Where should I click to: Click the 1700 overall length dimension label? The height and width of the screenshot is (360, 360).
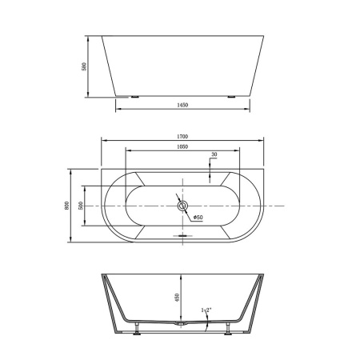point(182,137)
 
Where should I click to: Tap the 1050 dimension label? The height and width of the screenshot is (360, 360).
point(182,146)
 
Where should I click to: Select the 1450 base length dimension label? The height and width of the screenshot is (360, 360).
point(182,105)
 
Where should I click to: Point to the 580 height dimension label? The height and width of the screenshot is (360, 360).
point(84,66)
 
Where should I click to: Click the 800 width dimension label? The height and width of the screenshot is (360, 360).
point(67,206)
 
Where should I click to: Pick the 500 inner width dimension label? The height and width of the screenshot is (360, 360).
point(81,206)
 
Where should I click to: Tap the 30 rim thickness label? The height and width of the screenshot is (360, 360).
point(214,154)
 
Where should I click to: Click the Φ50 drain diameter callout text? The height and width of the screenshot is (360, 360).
point(198,218)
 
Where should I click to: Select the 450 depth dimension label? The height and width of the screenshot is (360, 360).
point(177,298)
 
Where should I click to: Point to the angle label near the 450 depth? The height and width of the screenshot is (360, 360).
point(206,310)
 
